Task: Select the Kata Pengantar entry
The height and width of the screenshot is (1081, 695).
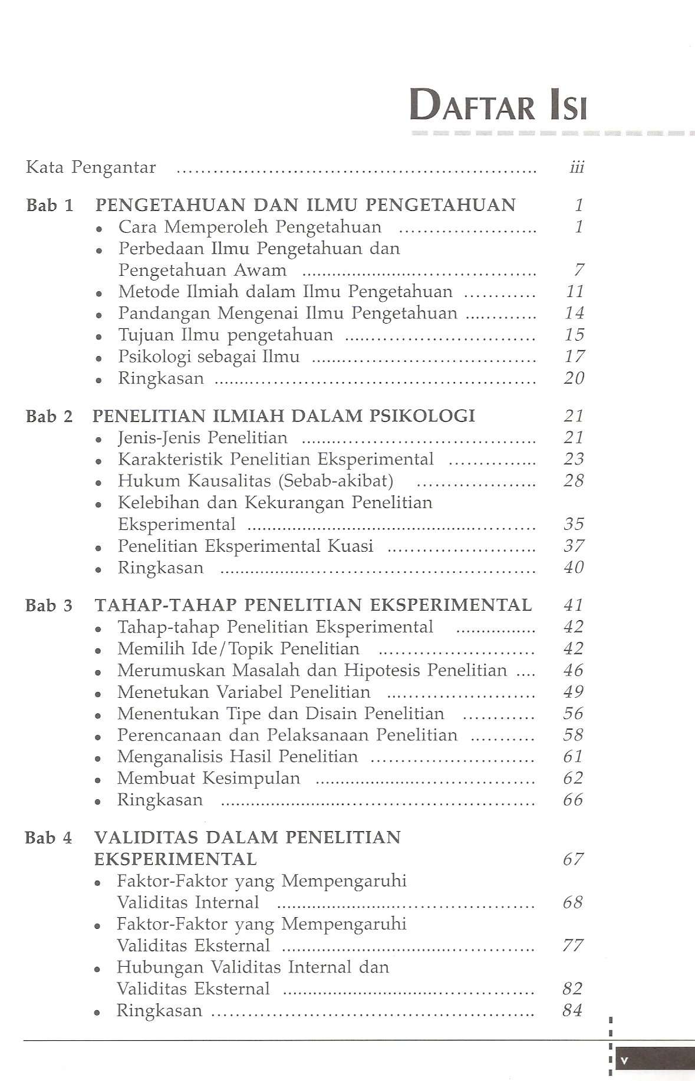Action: [x=91, y=167]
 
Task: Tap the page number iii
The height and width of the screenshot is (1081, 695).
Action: [x=577, y=168]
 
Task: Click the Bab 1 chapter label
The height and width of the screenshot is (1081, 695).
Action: [x=50, y=205]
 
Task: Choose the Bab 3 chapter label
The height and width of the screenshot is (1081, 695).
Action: [x=49, y=605]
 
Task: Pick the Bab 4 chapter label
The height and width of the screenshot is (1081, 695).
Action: [x=48, y=838]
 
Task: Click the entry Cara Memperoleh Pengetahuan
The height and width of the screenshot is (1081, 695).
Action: [x=249, y=227]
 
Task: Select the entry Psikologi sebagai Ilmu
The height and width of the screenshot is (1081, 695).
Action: [x=209, y=357]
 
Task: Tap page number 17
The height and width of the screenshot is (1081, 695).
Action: [x=574, y=357]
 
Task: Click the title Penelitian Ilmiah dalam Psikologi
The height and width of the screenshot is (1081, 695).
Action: [x=284, y=416]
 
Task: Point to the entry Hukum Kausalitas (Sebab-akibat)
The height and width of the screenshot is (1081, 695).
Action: [x=255, y=481]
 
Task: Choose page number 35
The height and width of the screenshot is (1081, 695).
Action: [x=574, y=524]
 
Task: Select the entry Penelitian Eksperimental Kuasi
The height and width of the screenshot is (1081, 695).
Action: [x=245, y=546]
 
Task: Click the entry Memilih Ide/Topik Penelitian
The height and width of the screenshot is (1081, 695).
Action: [x=238, y=649]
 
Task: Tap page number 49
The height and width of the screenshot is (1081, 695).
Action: [x=573, y=692]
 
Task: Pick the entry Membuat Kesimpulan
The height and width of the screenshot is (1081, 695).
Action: [x=209, y=778]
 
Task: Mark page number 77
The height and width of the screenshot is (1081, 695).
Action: [x=573, y=945]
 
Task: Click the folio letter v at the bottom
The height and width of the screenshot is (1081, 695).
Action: [x=625, y=1060]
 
